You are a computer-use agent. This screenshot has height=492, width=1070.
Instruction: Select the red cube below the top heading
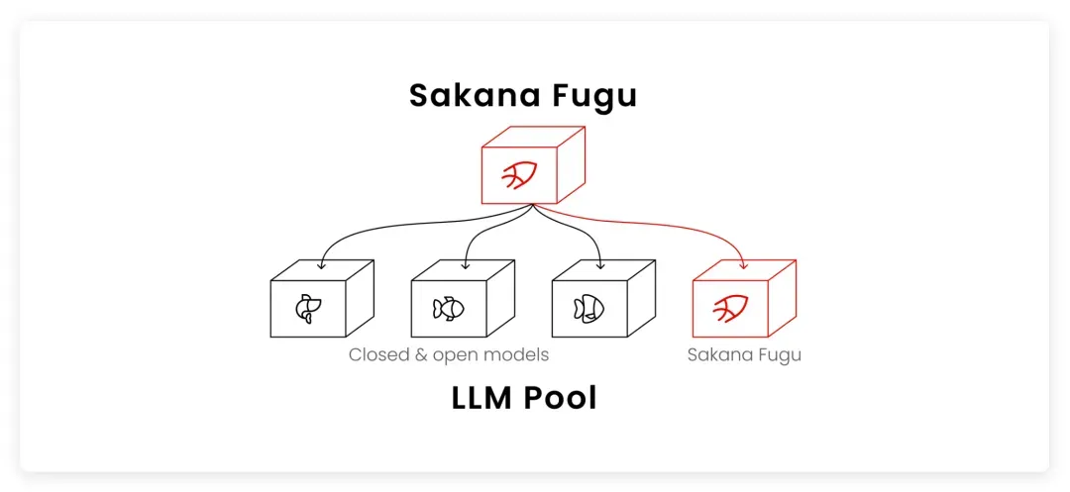[x=533, y=164]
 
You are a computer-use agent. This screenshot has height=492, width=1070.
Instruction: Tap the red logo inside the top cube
[x=519, y=176]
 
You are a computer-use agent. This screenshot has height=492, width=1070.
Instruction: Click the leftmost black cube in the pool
[x=322, y=299]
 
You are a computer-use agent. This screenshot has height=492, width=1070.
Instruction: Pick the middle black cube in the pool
[x=463, y=299]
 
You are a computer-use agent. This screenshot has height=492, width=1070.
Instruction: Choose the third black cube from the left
[x=603, y=299]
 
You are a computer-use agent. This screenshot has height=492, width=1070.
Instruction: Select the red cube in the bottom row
[x=744, y=299]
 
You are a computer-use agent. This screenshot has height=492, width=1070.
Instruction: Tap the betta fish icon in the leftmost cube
[x=305, y=309]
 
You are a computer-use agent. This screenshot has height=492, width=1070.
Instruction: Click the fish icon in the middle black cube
[x=449, y=309]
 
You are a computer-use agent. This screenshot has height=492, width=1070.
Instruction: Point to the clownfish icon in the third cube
[x=588, y=309]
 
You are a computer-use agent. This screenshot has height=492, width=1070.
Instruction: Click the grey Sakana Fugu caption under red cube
[x=744, y=355]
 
